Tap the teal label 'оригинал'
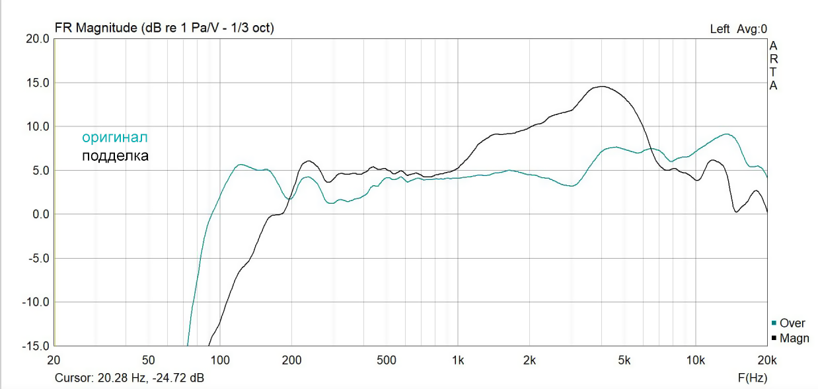pos(114,138)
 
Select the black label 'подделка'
pos(115,156)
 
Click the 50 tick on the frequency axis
pos(149,360)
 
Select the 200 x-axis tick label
pos(291,360)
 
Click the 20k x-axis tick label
pos(766,360)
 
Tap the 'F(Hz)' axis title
pos(753,378)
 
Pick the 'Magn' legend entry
pos(794,338)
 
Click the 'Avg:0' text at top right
pos(754,29)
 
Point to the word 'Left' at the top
pos(720,29)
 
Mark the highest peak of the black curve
pos(601,86)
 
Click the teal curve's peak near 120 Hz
pos(241,164)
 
